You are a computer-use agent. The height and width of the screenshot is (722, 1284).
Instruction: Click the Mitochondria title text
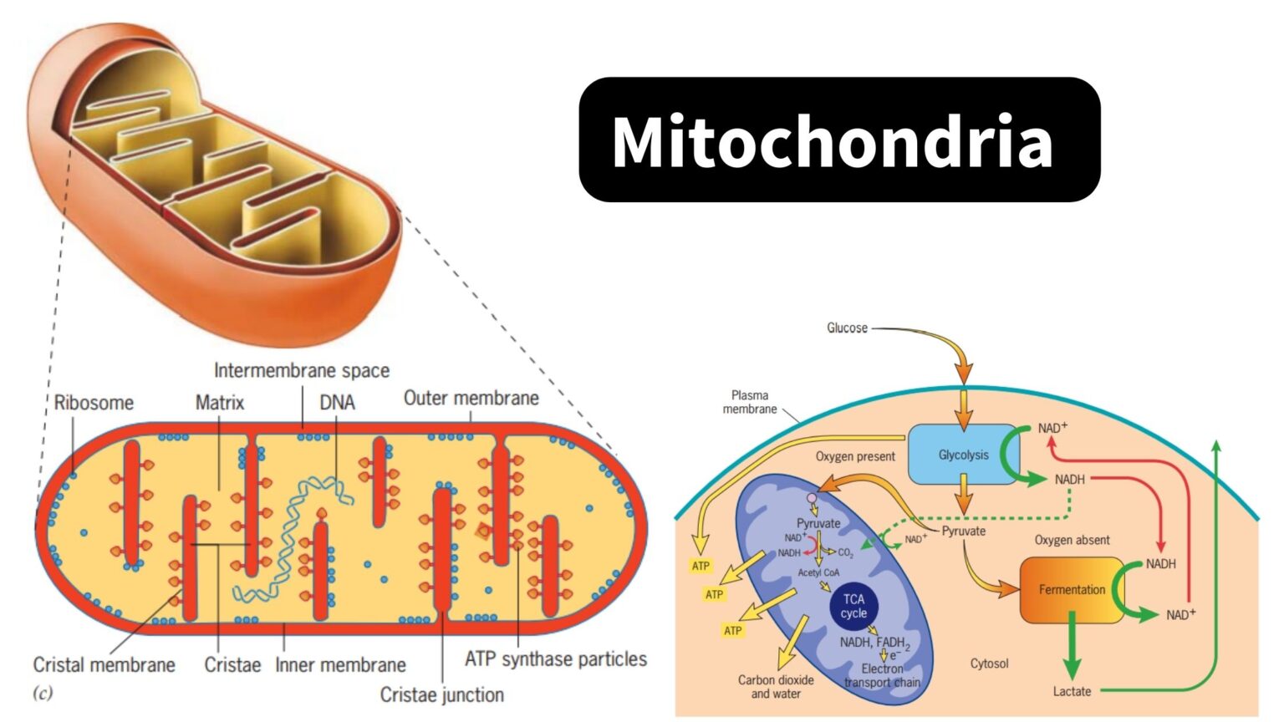832,142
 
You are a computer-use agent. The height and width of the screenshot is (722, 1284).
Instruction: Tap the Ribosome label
94,403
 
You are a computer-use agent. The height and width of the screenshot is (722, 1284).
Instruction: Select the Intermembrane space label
301,370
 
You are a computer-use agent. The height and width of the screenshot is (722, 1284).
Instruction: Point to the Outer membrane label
471,398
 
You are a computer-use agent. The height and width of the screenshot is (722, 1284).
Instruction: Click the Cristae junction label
441,694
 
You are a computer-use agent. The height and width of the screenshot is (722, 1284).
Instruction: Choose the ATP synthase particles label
555,659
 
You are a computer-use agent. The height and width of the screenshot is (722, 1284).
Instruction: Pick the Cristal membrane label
104,665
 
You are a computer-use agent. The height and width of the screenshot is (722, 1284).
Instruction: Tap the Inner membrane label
340,665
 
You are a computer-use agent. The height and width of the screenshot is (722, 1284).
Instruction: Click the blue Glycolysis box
962,455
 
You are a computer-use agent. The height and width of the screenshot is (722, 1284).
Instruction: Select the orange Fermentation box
1071,590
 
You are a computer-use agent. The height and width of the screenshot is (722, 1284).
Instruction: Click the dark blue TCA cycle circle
853,606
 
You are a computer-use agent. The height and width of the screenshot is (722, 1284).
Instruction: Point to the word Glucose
847,328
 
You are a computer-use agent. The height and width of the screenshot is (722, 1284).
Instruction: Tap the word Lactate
1072,691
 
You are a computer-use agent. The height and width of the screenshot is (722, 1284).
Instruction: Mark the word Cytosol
989,664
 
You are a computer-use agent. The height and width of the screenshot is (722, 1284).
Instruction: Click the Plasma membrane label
749,402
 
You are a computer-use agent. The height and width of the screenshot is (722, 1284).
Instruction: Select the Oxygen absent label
1072,540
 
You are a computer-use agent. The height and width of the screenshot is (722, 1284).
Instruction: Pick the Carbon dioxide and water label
775,687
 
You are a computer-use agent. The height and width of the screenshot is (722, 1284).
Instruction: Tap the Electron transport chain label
882,675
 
